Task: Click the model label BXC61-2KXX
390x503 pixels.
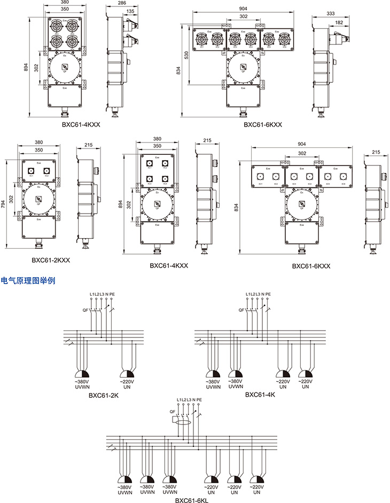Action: (x=51, y=261)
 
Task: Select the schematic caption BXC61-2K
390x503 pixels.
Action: (x=103, y=396)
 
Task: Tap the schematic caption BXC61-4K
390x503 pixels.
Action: (x=260, y=395)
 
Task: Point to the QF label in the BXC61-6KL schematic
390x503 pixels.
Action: (x=171, y=412)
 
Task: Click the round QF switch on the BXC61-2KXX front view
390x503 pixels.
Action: (x=38, y=200)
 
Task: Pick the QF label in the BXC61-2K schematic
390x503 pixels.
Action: (x=85, y=310)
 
